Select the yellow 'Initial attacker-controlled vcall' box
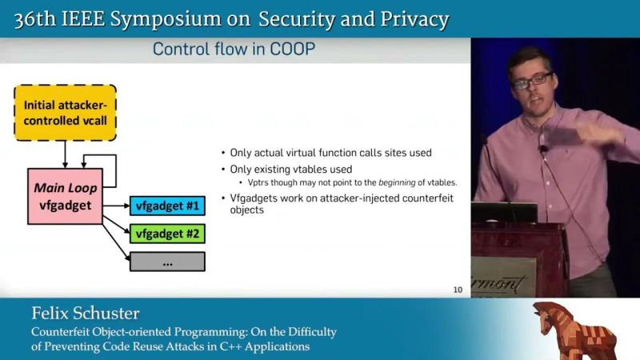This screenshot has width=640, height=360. (66, 113)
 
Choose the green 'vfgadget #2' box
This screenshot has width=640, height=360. (167, 234)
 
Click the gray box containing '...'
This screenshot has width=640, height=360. (167, 262)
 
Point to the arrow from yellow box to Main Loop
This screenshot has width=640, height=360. (66, 154)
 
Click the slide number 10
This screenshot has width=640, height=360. (458, 290)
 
